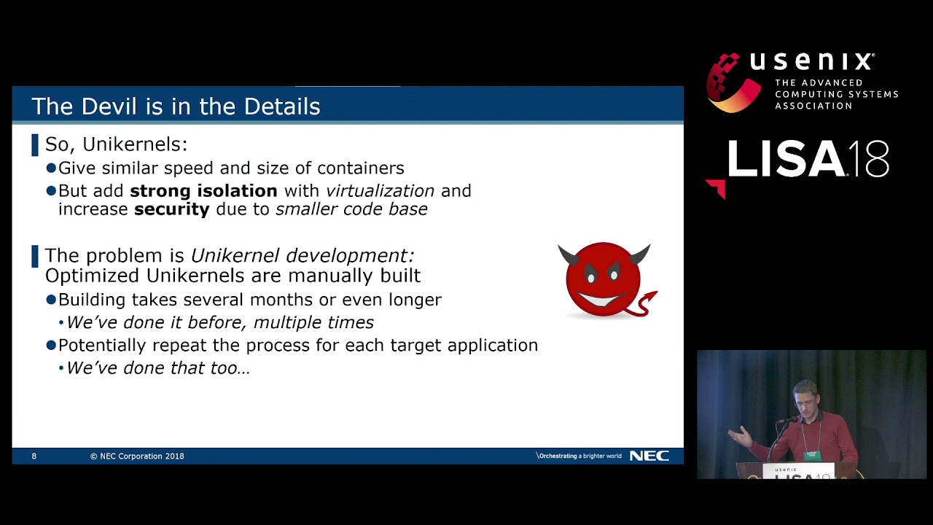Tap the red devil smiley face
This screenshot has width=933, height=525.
pyautogui.click(x=604, y=279)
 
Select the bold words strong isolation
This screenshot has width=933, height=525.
pyautogui.click(x=203, y=191)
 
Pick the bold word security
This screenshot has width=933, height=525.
pyautogui.click(x=171, y=209)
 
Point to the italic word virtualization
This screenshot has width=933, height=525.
pyautogui.click(x=380, y=191)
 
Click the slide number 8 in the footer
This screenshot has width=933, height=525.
pyautogui.click(x=34, y=456)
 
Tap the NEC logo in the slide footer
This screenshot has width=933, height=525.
pyautogui.click(x=649, y=456)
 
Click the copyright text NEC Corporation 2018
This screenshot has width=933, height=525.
pyautogui.click(x=137, y=456)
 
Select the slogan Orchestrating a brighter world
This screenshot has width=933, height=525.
pyautogui.click(x=579, y=456)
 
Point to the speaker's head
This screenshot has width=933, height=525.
pyautogui.click(x=805, y=398)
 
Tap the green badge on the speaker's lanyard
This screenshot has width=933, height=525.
pyautogui.click(x=813, y=456)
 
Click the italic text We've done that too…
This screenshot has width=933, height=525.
pyautogui.click(x=158, y=368)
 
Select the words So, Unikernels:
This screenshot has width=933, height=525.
pyautogui.click(x=116, y=144)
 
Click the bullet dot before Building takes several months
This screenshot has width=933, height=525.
pyautogui.click(x=51, y=300)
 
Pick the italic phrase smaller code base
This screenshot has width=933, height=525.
pyautogui.click(x=351, y=209)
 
